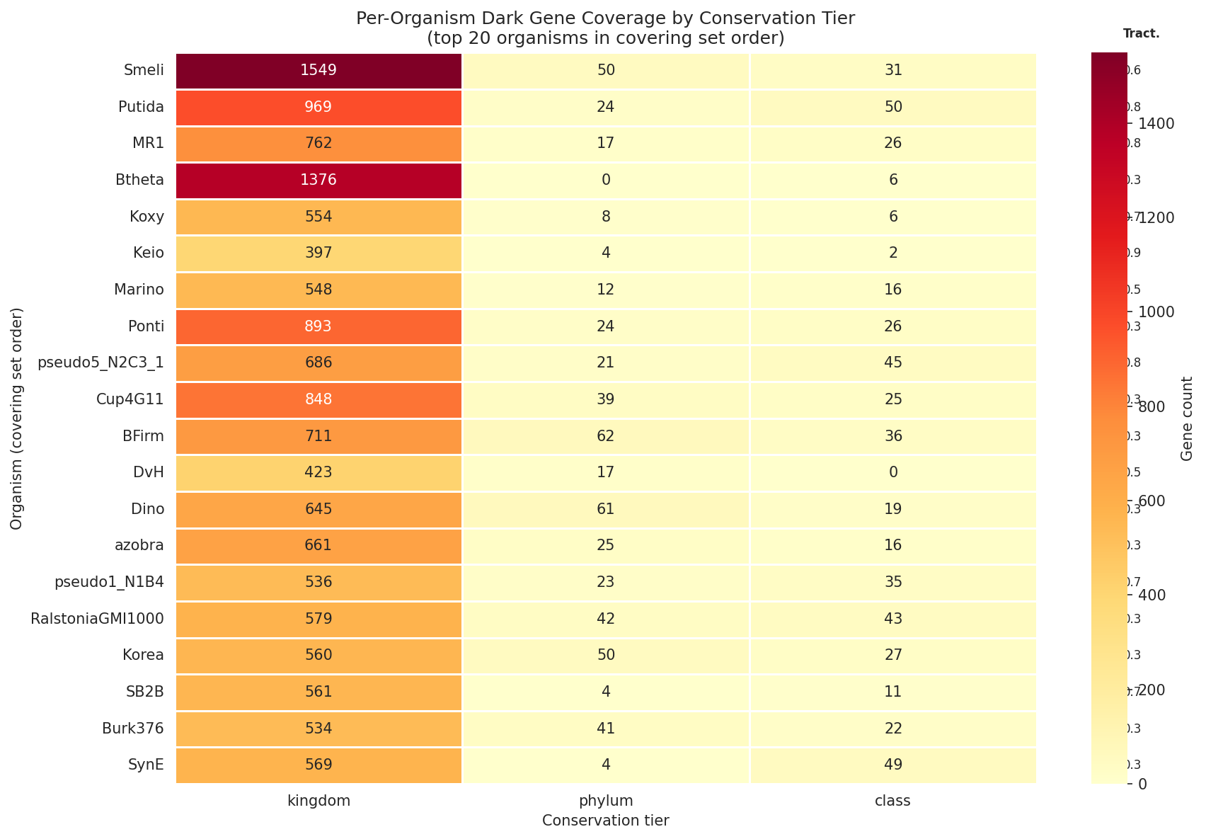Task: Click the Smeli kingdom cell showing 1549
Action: [318, 70]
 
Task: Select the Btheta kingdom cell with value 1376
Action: [318, 180]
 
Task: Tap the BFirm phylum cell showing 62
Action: [605, 436]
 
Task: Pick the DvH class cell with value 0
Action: [893, 472]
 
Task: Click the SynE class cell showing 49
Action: [893, 765]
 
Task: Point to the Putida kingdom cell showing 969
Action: [318, 107]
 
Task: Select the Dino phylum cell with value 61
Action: [605, 509]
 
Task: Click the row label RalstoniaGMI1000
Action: [98, 619]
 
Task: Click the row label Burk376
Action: [134, 729]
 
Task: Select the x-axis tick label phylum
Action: [605, 801]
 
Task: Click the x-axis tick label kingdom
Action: [318, 801]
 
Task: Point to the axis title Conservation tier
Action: [605, 821]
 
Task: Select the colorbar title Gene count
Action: [1188, 418]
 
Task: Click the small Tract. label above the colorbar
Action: [1141, 33]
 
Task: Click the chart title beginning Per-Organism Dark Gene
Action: [605, 19]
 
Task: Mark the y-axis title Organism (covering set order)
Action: [17, 418]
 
